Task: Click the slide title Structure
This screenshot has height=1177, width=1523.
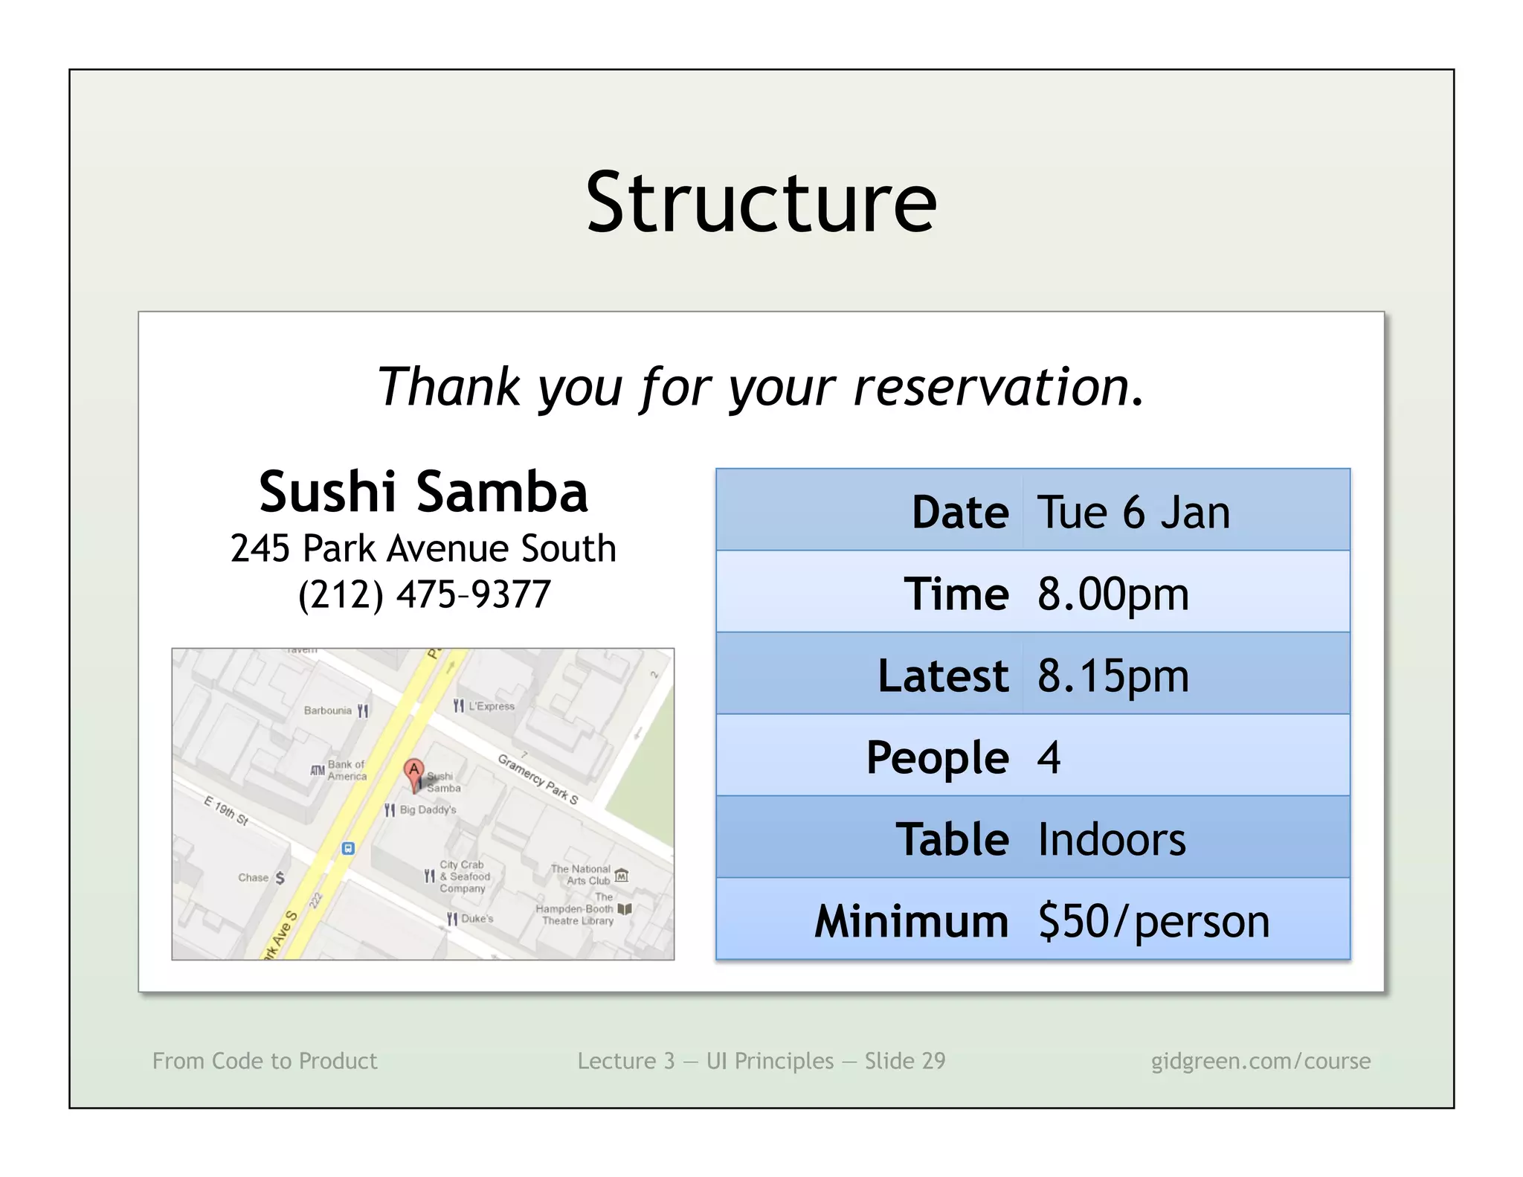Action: [761, 202]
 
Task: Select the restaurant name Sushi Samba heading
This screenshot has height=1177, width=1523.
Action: [423, 492]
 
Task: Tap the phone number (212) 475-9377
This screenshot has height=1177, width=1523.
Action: [424, 594]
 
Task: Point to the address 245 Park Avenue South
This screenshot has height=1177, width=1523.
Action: [423, 548]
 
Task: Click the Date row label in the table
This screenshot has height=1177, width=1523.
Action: [959, 513]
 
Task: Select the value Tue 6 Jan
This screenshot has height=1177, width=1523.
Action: [1133, 513]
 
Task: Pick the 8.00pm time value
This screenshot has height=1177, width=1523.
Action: [1113, 594]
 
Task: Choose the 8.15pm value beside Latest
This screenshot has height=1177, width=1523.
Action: [1113, 676]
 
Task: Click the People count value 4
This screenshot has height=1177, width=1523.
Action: [1049, 757]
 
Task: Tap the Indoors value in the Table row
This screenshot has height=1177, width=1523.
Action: [1111, 839]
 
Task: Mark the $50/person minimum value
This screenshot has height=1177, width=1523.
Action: [1153, 921]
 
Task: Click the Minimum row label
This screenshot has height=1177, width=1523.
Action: [911, 921]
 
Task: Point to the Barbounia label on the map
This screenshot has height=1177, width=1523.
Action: [328, 711]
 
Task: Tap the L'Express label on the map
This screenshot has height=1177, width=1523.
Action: [491, 706]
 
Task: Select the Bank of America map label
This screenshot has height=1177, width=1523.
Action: [347, 770]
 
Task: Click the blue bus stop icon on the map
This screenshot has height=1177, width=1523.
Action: [347, 848]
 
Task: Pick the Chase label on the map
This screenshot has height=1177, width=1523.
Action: [254, 878]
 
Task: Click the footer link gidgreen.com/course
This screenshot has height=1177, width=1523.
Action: [1260, 1060]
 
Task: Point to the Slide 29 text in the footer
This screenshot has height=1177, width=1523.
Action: [904, 1060]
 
